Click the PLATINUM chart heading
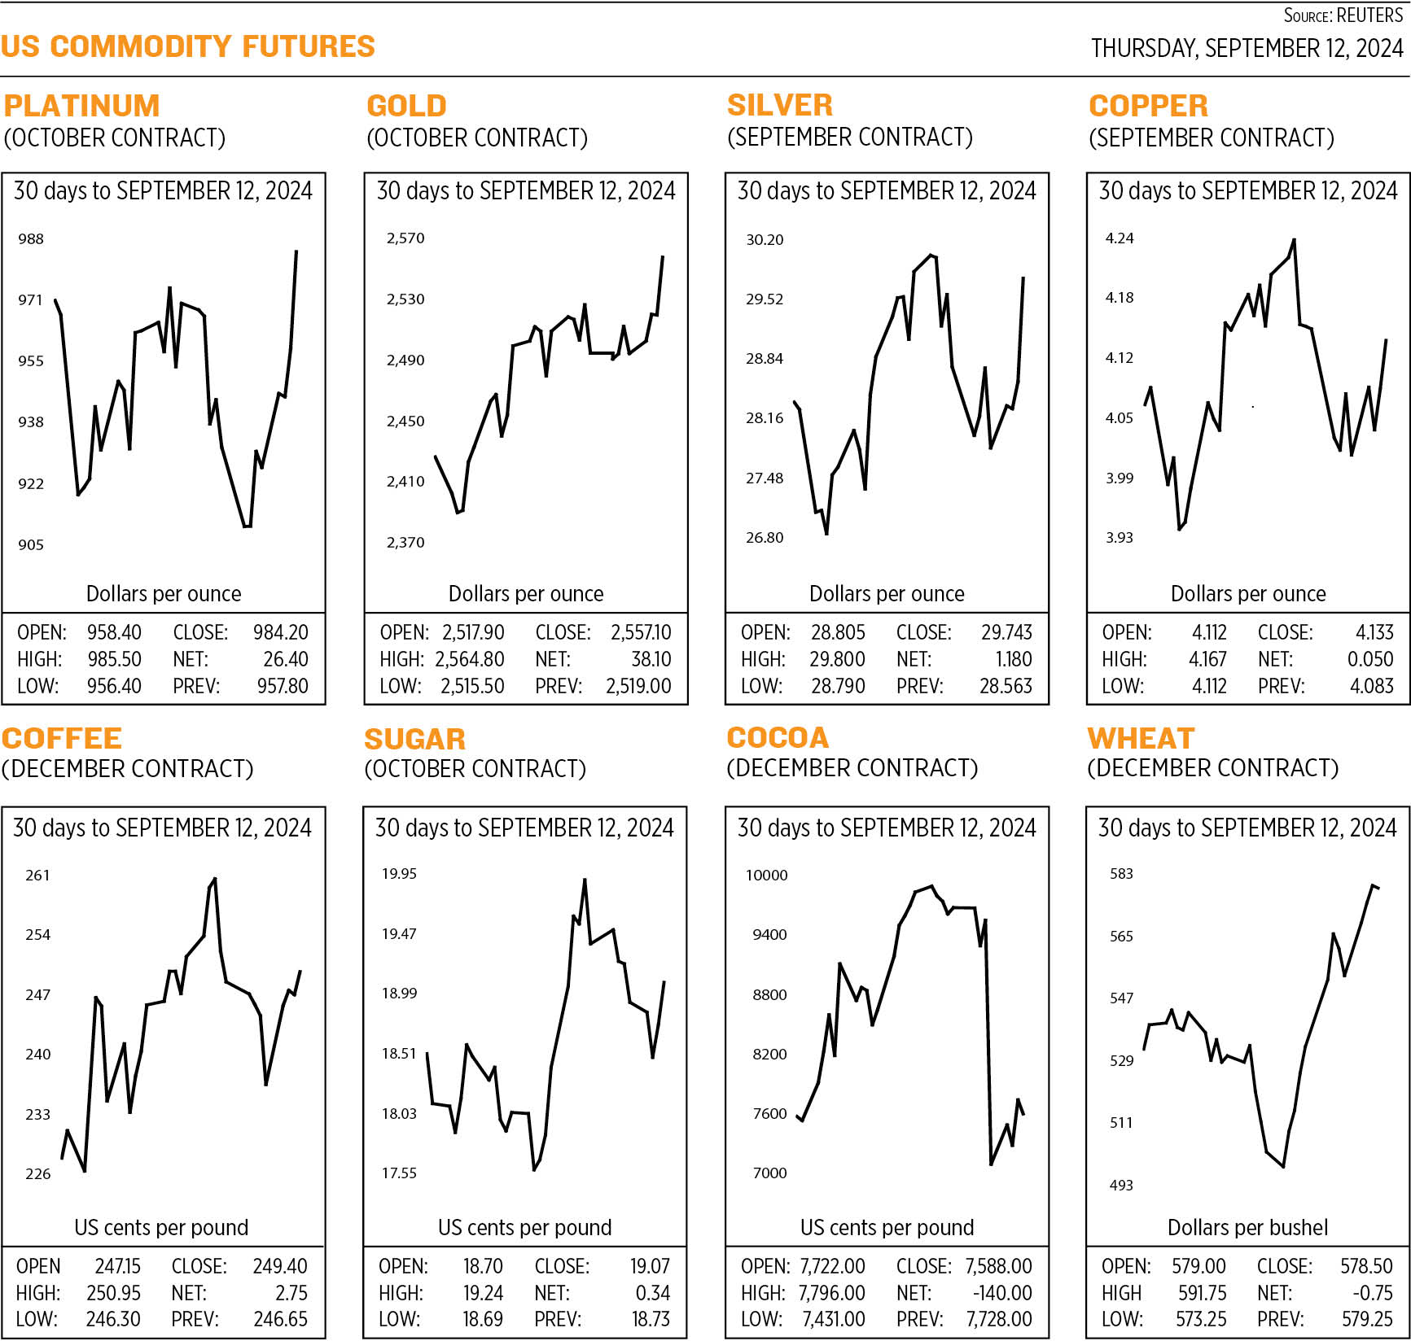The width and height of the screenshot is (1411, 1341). click(81, 106)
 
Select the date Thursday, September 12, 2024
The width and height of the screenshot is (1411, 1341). click(1247, 49)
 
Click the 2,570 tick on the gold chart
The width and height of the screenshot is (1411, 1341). click(405, 238)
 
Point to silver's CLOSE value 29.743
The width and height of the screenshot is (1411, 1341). click(1006, 632)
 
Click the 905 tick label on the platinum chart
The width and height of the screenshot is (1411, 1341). click(31, 544)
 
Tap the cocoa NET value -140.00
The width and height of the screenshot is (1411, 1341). click(1002, 1293)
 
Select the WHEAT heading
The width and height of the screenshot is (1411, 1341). click(1141, 738)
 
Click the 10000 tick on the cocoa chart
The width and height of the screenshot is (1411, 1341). click(767, 875)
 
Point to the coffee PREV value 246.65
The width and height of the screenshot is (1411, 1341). click(280, 1319)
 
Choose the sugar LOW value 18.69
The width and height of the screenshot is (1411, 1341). click(483, 1319)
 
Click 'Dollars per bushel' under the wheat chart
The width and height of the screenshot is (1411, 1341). click(1247, 1227)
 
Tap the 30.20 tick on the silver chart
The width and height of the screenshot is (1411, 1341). click(765, 239)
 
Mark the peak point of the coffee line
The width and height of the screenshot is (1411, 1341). click(214, 879)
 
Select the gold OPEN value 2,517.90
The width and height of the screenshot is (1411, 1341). click(473, 632)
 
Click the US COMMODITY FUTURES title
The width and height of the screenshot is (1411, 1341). click(188, 46)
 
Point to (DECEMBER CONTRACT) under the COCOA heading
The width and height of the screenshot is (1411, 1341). click(852, 768)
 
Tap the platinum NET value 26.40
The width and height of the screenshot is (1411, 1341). click(286, 659)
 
